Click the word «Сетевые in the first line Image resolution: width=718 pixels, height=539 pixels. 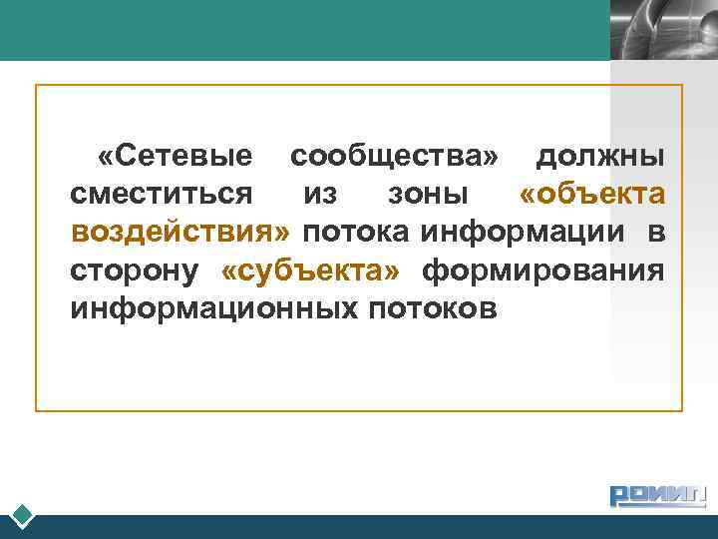click(175, 157)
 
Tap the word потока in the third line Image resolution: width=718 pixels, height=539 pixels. click(356, 233)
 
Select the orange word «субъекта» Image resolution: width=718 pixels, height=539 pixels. click(310, 270)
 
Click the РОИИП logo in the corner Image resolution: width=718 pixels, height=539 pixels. click(657, 495)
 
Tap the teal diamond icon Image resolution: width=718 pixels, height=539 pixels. click(24, 516)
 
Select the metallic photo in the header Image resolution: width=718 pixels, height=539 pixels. click(663, 30)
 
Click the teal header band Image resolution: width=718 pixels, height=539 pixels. click(299, 30)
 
